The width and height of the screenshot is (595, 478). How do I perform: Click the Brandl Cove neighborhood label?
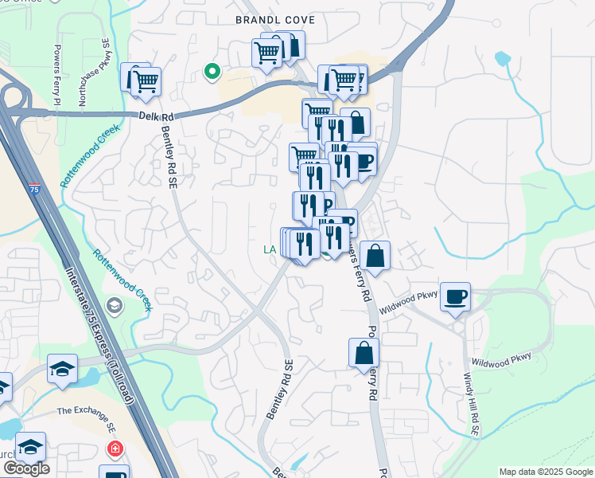275,20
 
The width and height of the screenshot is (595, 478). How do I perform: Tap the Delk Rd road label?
160,116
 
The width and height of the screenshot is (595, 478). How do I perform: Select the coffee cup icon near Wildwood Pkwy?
455,297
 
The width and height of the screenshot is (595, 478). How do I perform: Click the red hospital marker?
116,450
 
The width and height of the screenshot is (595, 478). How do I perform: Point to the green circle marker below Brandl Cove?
212,72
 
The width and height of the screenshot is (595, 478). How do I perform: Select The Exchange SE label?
86,410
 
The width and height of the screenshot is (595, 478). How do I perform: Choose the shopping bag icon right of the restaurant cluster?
375,256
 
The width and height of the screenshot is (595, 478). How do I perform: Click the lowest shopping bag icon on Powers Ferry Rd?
364,353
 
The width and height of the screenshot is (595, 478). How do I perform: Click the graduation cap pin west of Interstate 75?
62,369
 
